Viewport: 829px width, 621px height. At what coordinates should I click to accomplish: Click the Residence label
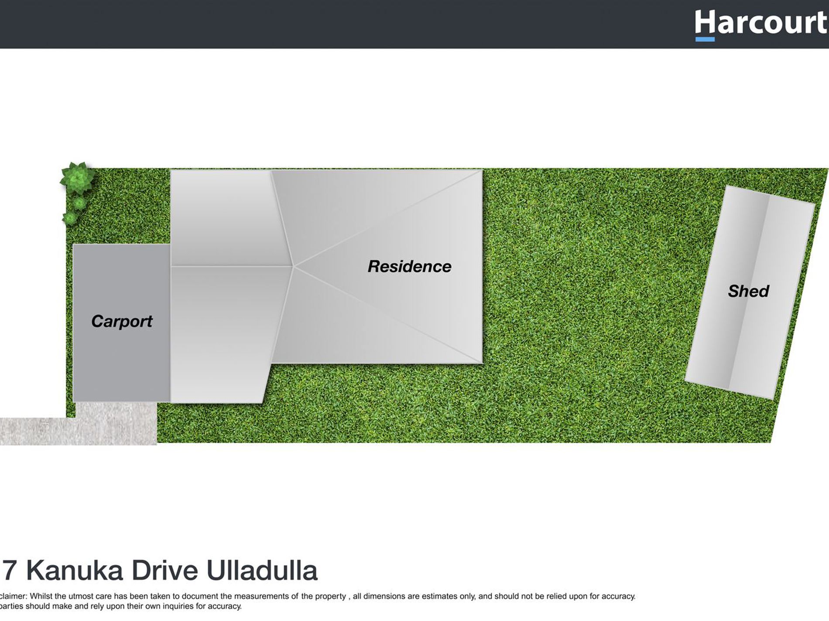[409, 266]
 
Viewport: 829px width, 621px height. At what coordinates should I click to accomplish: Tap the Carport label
[122, 322]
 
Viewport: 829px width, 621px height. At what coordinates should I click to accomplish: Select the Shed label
[748, 291]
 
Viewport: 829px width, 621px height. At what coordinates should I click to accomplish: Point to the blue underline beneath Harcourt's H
[705, 39]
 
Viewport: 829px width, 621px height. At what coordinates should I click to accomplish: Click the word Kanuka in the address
[75, 570]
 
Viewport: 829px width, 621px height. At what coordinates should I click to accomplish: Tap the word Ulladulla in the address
[262, 570]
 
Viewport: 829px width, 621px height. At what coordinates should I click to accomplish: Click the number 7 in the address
[10, 570]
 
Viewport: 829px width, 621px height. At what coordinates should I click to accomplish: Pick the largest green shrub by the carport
[77, 178]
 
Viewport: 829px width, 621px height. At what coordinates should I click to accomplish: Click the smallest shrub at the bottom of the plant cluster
[70, 218]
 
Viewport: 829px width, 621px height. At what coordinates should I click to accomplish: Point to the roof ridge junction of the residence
[293, 266]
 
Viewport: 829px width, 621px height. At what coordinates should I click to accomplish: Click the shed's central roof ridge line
[748, 292]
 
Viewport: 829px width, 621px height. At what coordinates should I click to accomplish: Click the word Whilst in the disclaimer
[41, 596]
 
